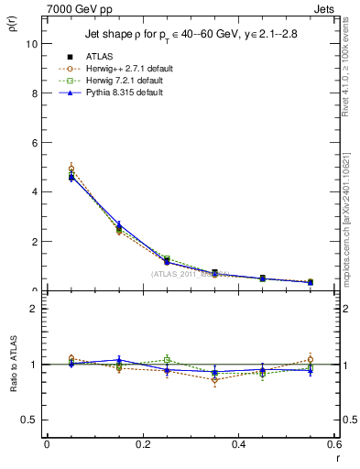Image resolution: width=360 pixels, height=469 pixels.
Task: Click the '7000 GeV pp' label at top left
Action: tap(72, 7)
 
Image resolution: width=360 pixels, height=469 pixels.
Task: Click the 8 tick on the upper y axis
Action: tap(34, 93)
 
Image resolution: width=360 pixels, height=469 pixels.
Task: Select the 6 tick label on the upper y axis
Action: tap(34, 143)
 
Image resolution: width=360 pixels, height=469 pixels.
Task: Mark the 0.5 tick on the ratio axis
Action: tap(29, 420)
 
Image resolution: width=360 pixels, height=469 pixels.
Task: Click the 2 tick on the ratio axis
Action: tap(34, 309)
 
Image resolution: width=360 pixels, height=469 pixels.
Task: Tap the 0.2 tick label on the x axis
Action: tap(142, 444)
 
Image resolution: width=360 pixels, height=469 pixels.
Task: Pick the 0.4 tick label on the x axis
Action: tap(238, 444)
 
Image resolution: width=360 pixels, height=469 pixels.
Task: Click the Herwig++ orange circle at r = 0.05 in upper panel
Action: tap(71, 169)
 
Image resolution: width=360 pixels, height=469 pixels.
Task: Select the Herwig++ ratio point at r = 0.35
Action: tap(214, 379)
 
